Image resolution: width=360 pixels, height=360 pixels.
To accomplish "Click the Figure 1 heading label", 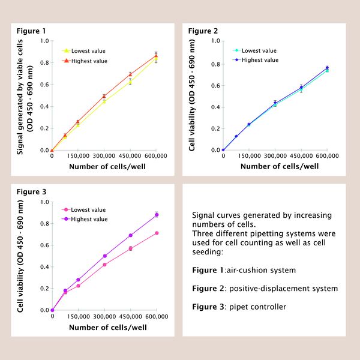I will click(x=31, y=31).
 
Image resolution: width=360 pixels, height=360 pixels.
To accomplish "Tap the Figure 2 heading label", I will click(x=203, y=31).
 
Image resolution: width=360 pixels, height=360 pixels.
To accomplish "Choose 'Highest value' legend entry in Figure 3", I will click(x=89, y=219).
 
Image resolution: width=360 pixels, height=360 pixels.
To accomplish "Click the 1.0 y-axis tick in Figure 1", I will click(x=44, y=41).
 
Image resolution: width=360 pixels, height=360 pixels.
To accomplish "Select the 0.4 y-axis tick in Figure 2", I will click(x=215, y=107).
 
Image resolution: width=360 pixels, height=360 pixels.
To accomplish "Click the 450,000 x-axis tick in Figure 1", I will click(x=130, y=156).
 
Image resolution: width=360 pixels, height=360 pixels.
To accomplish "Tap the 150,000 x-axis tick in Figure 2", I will click(x=249, y=156).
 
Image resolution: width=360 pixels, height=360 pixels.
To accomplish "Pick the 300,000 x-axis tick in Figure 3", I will click(x=104, y=316).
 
